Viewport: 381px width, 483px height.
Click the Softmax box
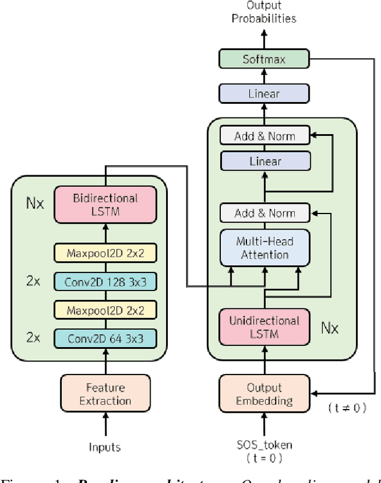pyautogui.click(x=265, y=59)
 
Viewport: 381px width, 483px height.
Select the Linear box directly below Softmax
pyautogui.click(x=265, y=94)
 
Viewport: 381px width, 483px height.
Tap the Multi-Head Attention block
pyautogui.click(x=265, y=247)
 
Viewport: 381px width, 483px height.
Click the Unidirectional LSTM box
pyautogui.click(x=265, y=327)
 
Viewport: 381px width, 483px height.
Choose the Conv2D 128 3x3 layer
pyautogui.click(x=105, y=281)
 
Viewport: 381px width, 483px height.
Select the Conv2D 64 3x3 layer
pyautogui.click(x=105, y=339)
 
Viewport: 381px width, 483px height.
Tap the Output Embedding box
pyautogui.click(x=265, y=394)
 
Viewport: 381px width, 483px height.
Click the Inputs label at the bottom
pyautogui.click(x=105, y=447)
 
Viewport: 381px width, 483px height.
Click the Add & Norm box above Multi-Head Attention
pyautogui.click(x=265, y=213)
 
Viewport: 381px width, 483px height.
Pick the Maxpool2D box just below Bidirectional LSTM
pyautogui.click(x=105, y=253)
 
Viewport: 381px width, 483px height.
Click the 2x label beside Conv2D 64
pyautogui.click(x=35, y=338)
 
